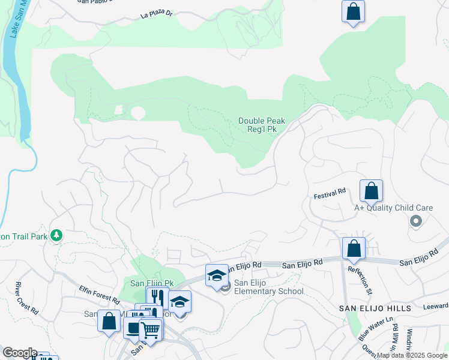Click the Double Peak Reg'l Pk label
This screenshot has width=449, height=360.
[x=261, y=125]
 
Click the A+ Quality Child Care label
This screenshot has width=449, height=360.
[x=393, y=208]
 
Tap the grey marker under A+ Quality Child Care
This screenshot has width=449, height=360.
[x=415, y=222]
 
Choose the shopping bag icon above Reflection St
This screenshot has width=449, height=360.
[x=354, y=248]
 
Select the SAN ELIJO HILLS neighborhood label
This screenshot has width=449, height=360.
[x=374, y=308]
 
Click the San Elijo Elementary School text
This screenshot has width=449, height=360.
[x=268, y=287]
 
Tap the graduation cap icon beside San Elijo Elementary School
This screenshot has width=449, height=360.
[x=217, y=275]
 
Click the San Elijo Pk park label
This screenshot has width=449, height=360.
[x=152, y=283]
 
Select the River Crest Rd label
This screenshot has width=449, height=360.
[x=27, y=298]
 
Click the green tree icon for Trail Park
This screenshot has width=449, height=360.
[x=56, y=235]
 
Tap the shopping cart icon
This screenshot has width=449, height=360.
[x=150, y=329]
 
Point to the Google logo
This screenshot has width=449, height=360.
[x=20, y=353]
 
